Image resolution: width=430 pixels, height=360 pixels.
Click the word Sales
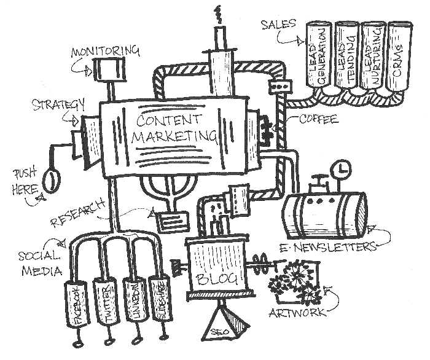point(278,24)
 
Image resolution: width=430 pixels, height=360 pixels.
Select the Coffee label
point(318,120)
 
